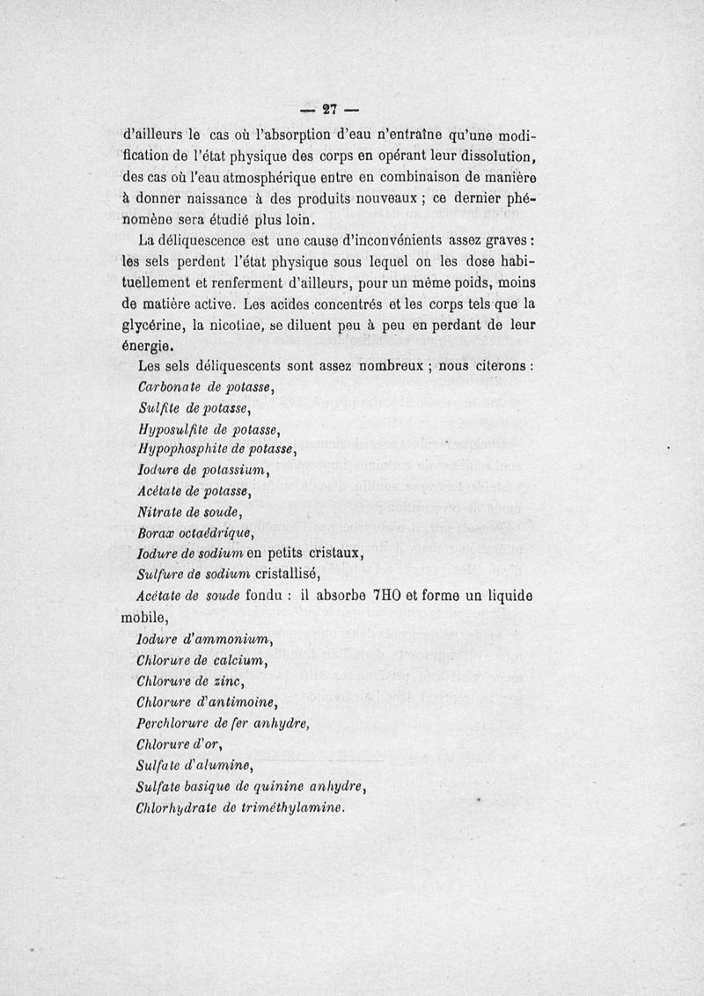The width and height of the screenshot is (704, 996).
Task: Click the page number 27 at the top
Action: [331, 110]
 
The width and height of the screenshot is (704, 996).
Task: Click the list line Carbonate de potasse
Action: [208, 387]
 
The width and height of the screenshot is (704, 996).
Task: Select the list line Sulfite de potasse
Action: [195, 408]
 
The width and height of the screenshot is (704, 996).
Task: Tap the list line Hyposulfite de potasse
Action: [209, 429]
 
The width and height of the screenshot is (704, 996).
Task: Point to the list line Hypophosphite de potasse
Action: [220, 450]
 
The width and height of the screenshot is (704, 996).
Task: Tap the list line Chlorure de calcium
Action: [202, 659]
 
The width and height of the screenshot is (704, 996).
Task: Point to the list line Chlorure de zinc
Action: [190, 680]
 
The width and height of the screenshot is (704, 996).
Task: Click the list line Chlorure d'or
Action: [182, 743]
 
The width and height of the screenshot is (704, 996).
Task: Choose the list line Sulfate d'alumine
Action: [194, 765]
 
